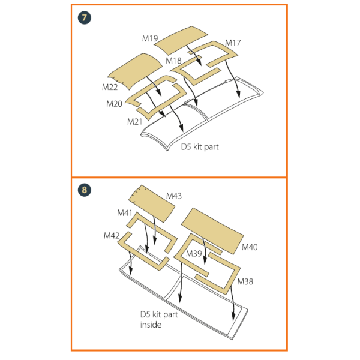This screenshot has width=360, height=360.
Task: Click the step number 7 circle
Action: pos(85,18)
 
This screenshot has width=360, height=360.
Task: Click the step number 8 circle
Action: pos(85,190)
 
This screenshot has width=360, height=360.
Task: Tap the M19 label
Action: pos(150,38)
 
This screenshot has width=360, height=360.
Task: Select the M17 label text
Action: pos(233,43)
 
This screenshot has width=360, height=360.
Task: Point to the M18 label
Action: pos(173,61)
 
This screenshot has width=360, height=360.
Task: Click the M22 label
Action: pos(110,87)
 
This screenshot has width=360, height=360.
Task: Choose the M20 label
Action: pos(114,104)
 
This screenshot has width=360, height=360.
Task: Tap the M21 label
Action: pos(135,121)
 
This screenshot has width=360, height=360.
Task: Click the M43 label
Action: pos(174,196)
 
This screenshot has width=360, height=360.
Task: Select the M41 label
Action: pos(125,213)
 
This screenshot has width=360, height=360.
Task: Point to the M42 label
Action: pos(112,236)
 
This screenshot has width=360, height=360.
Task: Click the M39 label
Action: pos(194,254)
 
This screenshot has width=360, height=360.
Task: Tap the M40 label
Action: pos(250,247)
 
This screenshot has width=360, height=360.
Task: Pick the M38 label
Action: pos(245,281)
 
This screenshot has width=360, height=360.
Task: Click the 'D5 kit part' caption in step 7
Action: pos(200,147)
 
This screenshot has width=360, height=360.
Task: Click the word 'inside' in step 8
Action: pos(151,325)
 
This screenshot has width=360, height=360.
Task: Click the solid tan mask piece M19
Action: pos(181,40)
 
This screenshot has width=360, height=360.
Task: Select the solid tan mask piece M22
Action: pos(136,71)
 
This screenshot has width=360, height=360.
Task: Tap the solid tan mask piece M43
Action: pos(152,203)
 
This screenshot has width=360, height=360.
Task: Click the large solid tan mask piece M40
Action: pos(212,231)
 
